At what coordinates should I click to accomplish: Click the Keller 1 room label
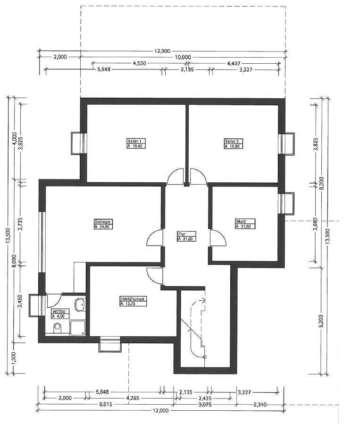pos(136,144)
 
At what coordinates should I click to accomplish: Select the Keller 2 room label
pos(234,144)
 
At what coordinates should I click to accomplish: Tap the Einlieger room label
pos(103,224)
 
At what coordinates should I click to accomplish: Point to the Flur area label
pos(187,237)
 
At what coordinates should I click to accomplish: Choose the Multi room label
pos(245,224)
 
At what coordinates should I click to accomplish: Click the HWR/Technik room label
pos(133,301)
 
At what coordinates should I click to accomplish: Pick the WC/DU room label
pos(60,314)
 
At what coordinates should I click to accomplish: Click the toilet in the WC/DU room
pos(58,329)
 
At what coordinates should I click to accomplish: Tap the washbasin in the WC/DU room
pos(80,305)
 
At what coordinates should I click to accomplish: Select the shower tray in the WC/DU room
pos(78,328)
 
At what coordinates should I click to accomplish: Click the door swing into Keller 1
pos(176,176)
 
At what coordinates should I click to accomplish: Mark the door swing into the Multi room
pos(218,237)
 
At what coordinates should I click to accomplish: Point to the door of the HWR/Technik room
pos(155,276)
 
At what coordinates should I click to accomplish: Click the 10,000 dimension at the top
pos(183,57)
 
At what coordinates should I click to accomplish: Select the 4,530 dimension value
pos(140,64)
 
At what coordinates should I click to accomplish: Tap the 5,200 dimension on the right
pos(321,321)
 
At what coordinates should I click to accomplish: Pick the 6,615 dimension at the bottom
pos(105,405)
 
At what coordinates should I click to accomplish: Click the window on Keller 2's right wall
pos(286,144)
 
